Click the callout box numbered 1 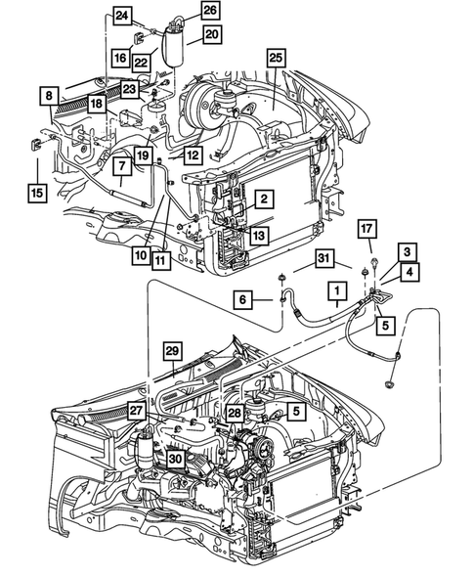click(x=335, y=291)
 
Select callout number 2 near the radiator click(x=263, y=199)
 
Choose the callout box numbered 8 click(x=47, y=96)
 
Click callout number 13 click(x=257, y=235)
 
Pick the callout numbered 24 click(x=121, y=15)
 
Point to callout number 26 click(x=210, y=11)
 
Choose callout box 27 click(x=137, y=414)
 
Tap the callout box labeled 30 click(x=176, y=457)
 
